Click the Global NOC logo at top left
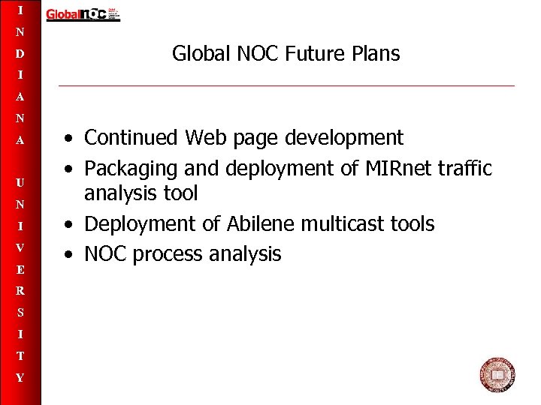(x=83, y=14)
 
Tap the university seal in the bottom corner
(x=497, y=375)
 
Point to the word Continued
(x=131, y=138)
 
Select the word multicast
(x=345, y=224)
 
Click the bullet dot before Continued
(x=68, y=139)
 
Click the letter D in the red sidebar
(x=21, y=55)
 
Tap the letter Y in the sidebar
(x=21, y=378)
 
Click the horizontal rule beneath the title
(x=286, y=85)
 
